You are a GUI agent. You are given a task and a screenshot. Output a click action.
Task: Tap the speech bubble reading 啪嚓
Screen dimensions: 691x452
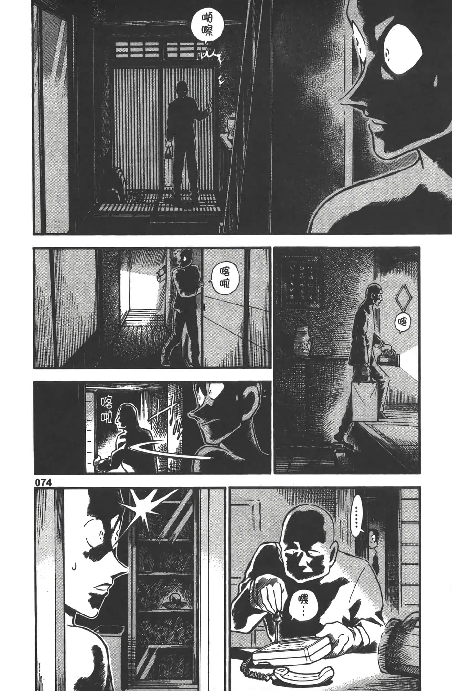tap(207, 26)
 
